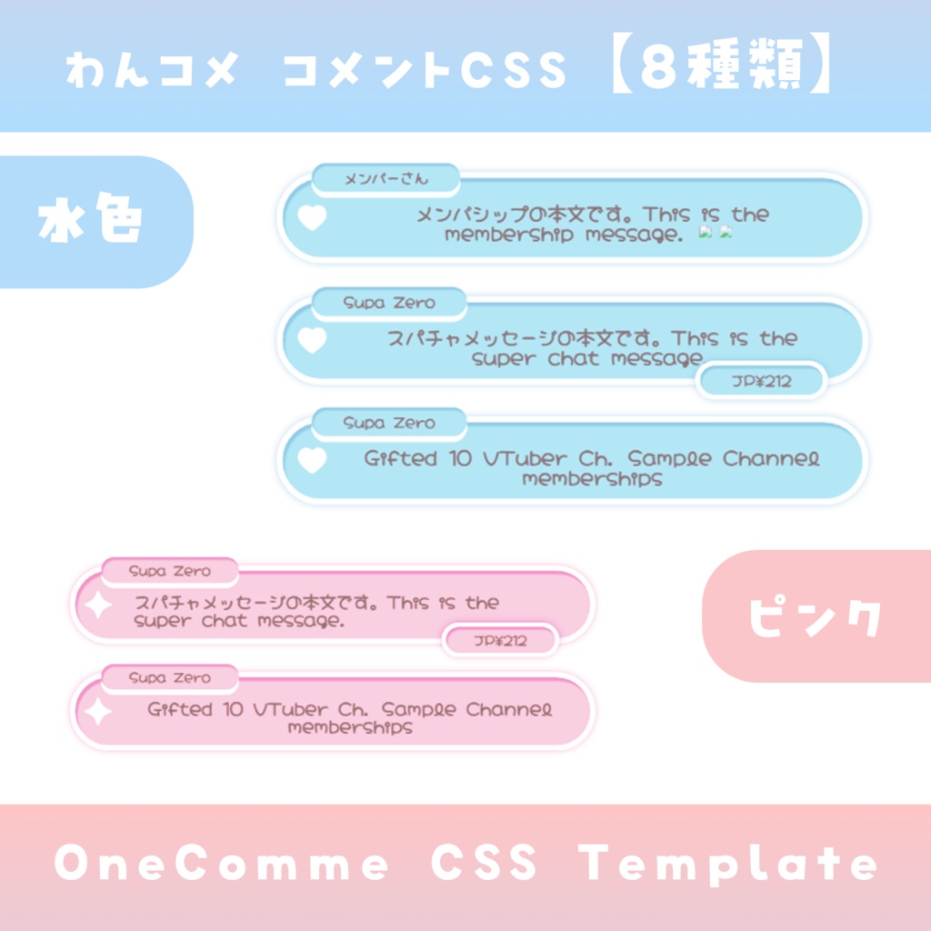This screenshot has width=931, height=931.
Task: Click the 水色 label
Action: coord(91,222)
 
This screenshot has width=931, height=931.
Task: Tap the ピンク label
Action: coord(816,617)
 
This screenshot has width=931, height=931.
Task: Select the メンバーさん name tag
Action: coord(385,180)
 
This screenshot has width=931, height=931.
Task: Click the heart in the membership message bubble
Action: coord(312,218)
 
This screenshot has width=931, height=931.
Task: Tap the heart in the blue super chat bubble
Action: coord(312,340)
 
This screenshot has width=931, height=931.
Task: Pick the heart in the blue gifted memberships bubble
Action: coord(312,460)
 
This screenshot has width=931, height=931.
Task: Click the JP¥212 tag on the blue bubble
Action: coord(761,381)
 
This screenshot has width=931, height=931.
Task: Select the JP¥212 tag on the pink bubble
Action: coord(500,641)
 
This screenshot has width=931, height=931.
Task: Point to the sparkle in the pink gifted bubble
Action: coord(97,712)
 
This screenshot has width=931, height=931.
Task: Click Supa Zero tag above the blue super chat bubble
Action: coord(389,304)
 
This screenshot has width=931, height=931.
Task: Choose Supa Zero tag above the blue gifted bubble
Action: coord(389,424)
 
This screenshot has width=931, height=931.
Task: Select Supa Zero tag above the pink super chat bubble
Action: coord(170,572)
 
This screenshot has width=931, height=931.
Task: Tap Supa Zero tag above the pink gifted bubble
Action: coord(170,678)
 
